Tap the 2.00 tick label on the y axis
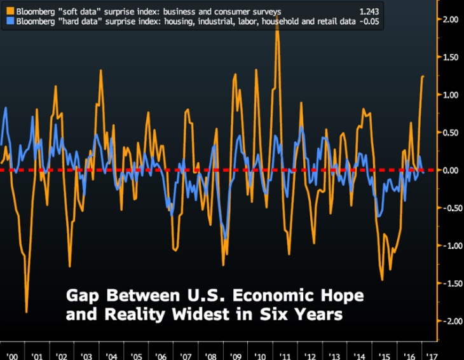point(451,20)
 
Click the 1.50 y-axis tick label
point(451,57)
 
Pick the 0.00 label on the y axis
point(451,170)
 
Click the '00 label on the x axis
point(12,355)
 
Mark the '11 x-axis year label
point(284,355)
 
